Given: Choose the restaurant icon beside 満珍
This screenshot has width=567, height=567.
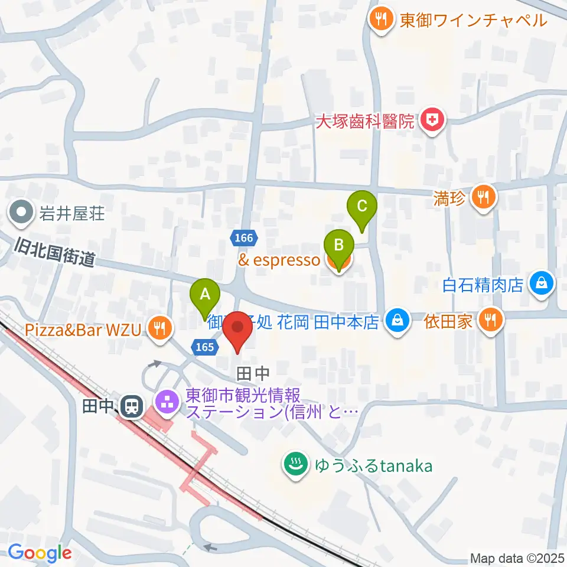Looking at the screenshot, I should (x=484, y=197).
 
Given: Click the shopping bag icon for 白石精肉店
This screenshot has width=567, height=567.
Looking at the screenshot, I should (x=541, y=284).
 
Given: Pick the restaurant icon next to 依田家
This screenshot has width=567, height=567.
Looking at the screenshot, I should (x=490, y=320).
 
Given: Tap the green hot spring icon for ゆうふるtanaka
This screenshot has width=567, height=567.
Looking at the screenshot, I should (x=294, y=465).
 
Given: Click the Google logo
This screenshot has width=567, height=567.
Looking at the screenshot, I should (x=40, y=553).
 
